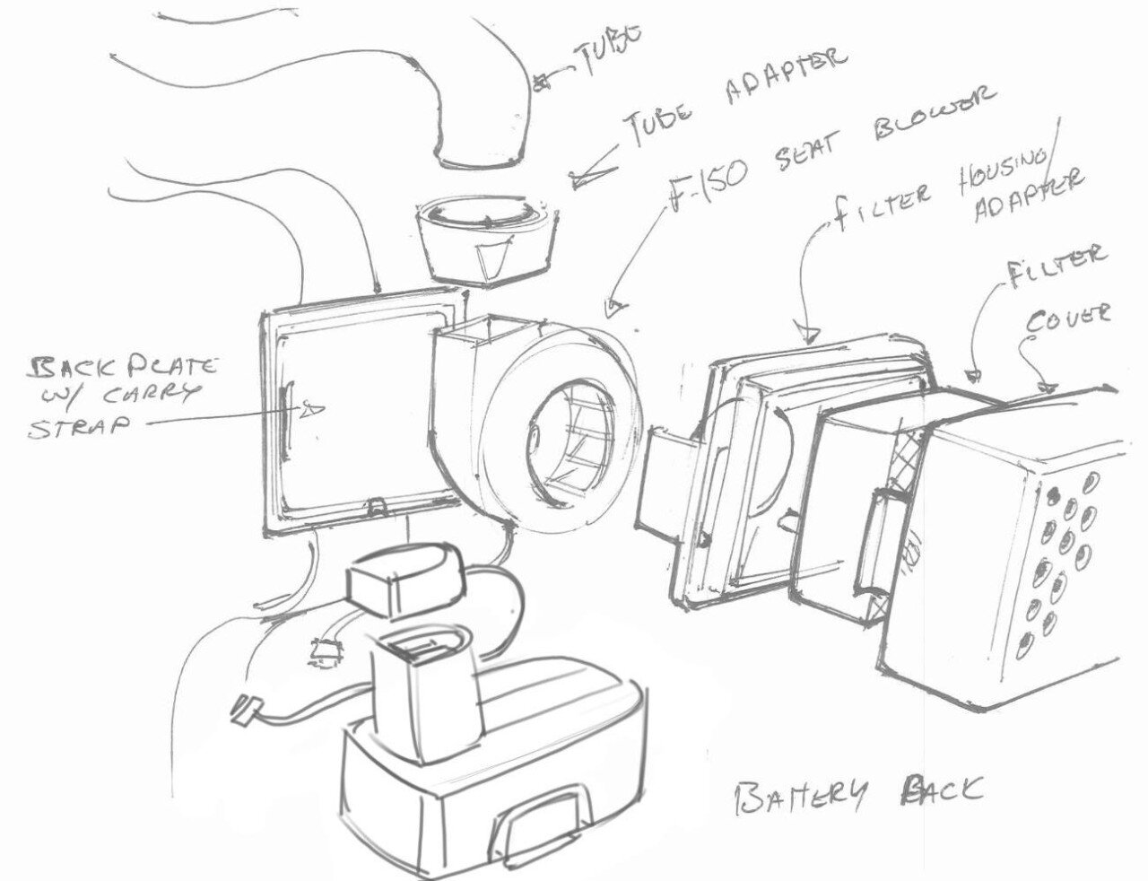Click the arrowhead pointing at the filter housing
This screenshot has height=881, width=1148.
coord(812,336)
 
